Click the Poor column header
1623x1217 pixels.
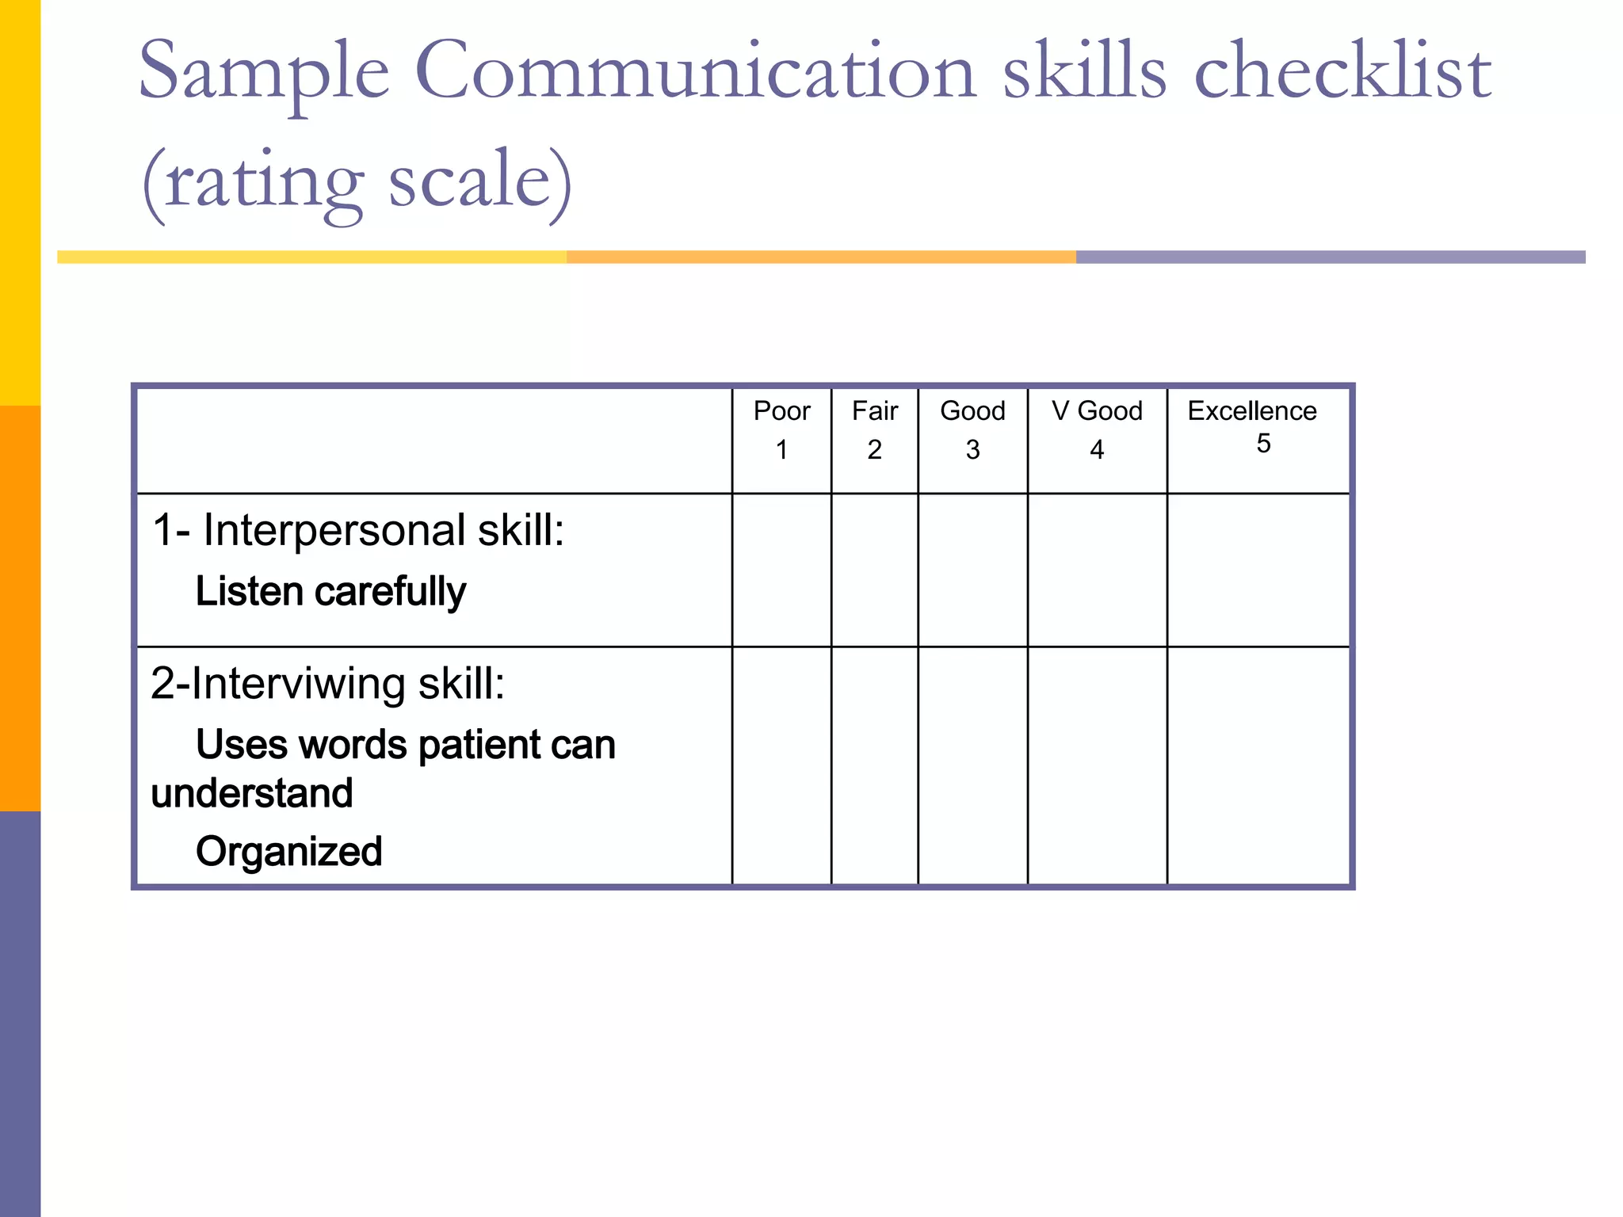click(781, 411)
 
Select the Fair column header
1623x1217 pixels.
click(874, 411)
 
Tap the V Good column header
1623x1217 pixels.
click(1097, 411)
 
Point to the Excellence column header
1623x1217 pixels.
click(1252, 411)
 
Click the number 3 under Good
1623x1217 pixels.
click(972, 450)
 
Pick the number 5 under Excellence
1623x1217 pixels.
click(1263, 444)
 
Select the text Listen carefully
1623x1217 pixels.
click(330, 592)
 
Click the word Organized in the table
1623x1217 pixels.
click(289, 852)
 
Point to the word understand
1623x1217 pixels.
click(252, 793)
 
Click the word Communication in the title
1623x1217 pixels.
click(695, 73)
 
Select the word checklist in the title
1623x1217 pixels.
click(1342, 73)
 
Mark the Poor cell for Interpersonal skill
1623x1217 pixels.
click(781, 570)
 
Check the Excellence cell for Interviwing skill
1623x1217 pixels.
click(1258, 765)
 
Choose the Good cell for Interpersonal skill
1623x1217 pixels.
click(972, 570)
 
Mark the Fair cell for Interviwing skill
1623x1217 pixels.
click(874, 765)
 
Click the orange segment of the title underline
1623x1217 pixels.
click(821, 258)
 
